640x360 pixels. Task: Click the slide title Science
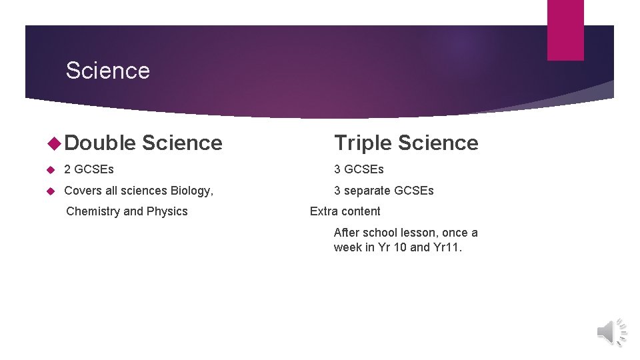coord(108,71)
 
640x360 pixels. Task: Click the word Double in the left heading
coord(101,143)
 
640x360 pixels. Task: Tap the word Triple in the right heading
coord(363,143)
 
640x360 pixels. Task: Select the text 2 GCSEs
coord(89,169)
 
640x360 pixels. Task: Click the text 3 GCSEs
coord(359,169)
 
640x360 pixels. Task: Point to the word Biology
coord(191,191)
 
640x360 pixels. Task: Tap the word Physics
coord(167,211)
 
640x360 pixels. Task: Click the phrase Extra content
coord(345,211)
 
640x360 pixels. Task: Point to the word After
coord(347,233)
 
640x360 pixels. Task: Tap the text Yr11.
coord(447,247)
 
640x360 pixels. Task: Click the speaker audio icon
coord(611,331)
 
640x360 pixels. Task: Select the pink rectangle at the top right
coord(565,30)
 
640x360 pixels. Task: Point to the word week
coord(347,247)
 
